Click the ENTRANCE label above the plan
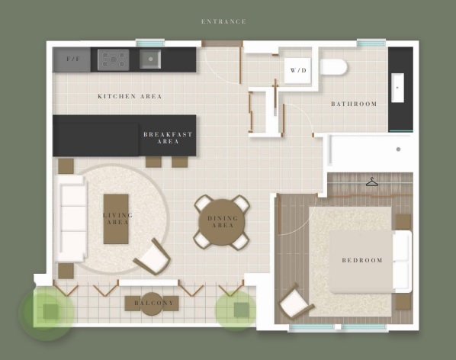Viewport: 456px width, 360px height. tap(223, 21)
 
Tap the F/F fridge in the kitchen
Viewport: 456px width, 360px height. tap(72, 59)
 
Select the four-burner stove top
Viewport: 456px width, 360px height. tap(114, 60)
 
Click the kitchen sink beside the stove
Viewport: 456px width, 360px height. tap(150, 59)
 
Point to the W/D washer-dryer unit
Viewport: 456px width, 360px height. tap(297, 70)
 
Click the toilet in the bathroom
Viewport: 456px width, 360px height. tap(333, 67)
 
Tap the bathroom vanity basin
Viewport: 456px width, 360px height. tap(397, 88)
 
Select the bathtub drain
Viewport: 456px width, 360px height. tap(398, 149)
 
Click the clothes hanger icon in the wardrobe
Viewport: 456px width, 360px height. tap(372, 182)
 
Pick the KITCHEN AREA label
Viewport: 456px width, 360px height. tap(130, 96)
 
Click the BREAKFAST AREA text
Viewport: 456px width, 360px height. tap(168, 138)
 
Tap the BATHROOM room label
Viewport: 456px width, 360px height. tap(354, 104)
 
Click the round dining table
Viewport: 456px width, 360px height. tap(222, 223)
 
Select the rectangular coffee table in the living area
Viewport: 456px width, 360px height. tap(116, 219)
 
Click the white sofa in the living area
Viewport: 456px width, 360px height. tap(72, 219)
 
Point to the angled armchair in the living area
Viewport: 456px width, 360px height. tap(153, 256)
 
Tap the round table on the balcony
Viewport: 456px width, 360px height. tap(152, 304)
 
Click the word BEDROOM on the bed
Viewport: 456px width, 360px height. tap(362, 260)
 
